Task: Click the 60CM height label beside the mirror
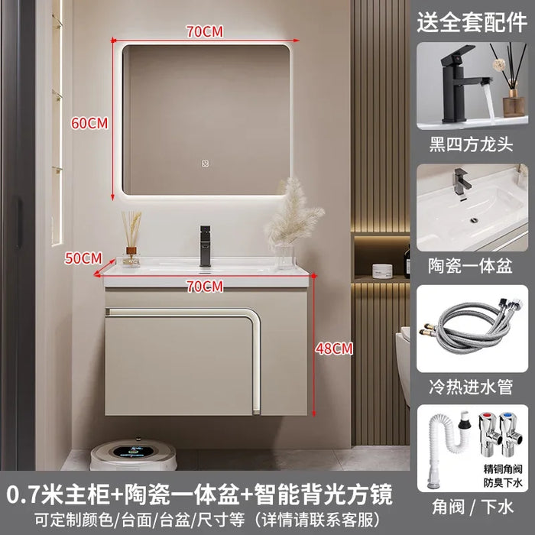point(89,123)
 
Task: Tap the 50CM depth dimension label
point(83,258)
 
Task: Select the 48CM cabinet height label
point(334,349)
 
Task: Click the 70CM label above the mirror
point(205,31)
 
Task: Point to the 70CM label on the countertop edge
point(205,287)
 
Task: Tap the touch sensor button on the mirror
point(205,164)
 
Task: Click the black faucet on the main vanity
point(205,245)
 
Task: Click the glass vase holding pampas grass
point(284,256)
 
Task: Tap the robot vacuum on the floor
point(134,454)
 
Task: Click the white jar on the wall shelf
point(382,271)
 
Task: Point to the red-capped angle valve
point(489,434)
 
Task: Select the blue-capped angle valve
point(511,434)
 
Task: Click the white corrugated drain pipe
point(443,443)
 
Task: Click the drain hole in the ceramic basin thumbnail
point(474,220)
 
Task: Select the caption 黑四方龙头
point(472,144)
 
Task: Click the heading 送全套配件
point(472,22)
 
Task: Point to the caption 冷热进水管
point(472,387)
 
